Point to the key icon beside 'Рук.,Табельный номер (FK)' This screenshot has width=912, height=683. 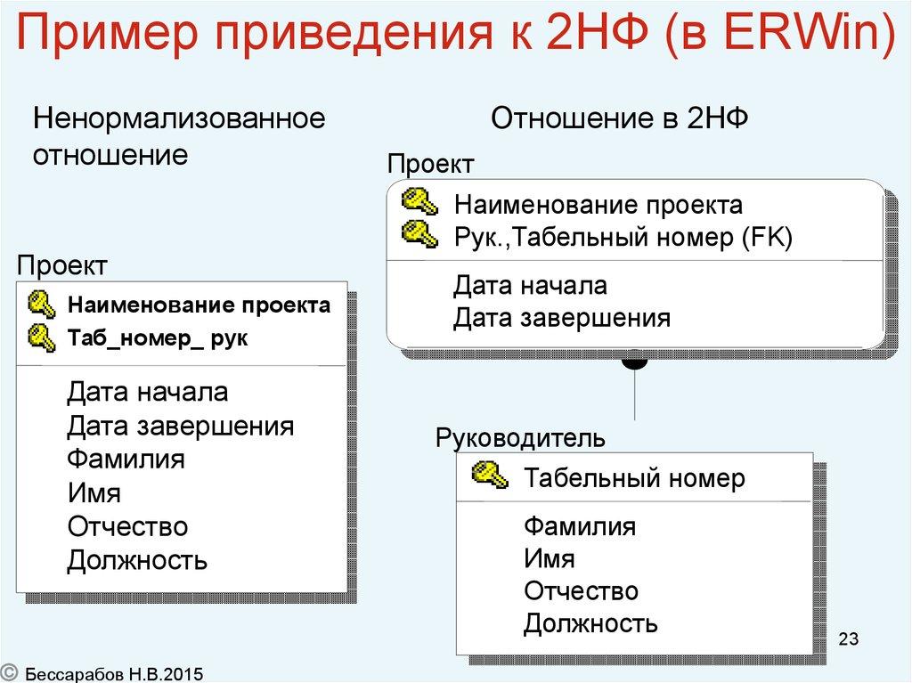419,236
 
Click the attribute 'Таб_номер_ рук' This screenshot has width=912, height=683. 159,339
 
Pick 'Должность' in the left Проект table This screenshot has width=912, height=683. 137,561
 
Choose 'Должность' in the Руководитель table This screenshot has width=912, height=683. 590,622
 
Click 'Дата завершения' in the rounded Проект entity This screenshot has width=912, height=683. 561,317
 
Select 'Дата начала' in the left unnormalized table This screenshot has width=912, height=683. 147,391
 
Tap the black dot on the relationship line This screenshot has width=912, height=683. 634,362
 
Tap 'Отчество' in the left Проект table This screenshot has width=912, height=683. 127,526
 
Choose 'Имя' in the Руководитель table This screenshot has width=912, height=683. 549,559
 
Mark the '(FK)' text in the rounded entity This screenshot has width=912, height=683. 769,238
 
